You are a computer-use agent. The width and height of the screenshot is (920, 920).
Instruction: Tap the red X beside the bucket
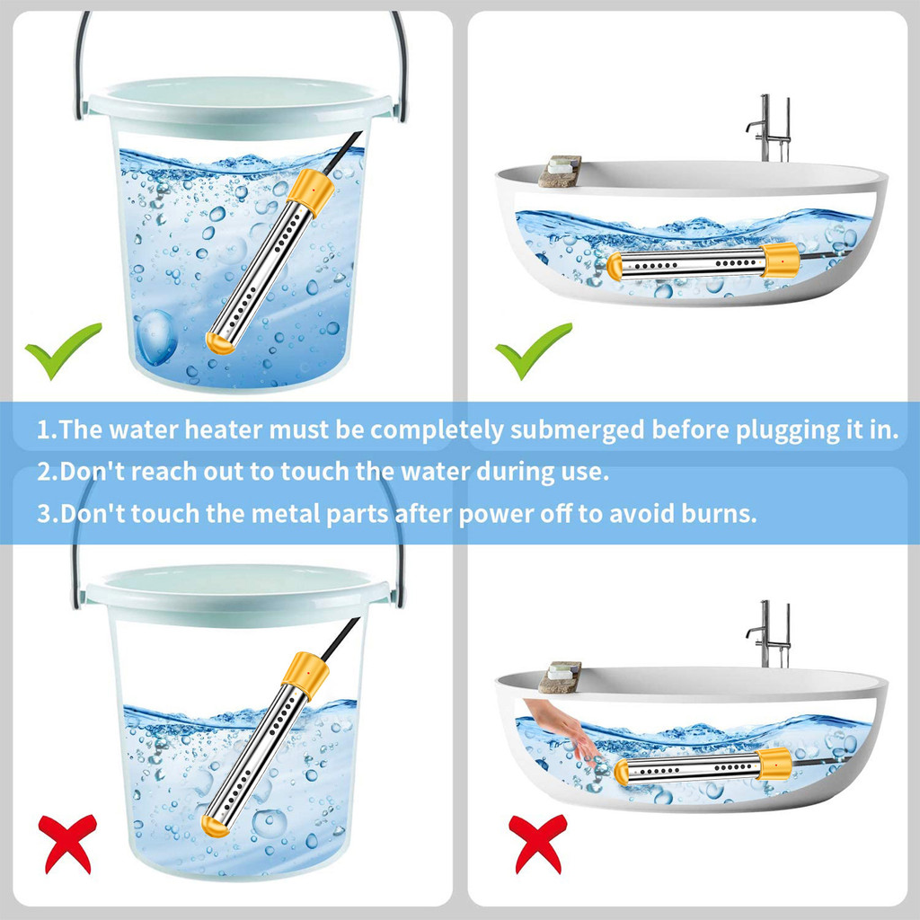coord(67,843)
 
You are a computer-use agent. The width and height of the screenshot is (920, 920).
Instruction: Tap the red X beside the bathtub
coord(538,843)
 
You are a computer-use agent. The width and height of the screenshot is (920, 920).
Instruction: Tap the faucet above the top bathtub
coord(767,128)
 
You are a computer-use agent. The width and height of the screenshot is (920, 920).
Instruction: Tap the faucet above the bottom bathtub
coord(767,634)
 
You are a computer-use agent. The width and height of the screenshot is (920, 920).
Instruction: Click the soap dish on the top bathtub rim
coord(560,171)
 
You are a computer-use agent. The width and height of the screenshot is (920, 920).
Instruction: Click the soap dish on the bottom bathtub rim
coord(560,677)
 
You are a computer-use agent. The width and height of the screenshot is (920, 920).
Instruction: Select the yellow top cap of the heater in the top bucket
coord(311,192)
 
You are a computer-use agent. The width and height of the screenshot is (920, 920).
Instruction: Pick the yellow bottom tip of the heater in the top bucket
coord(219,343)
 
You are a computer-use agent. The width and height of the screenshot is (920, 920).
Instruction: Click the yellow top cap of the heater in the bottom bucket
coord(305,676)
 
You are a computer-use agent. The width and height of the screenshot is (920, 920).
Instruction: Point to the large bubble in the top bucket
coord(156,337)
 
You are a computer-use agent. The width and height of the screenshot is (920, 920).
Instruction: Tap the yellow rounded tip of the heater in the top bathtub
coord(614,266)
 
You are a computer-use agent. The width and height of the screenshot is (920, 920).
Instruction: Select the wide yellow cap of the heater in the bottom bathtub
coord(774,764)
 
